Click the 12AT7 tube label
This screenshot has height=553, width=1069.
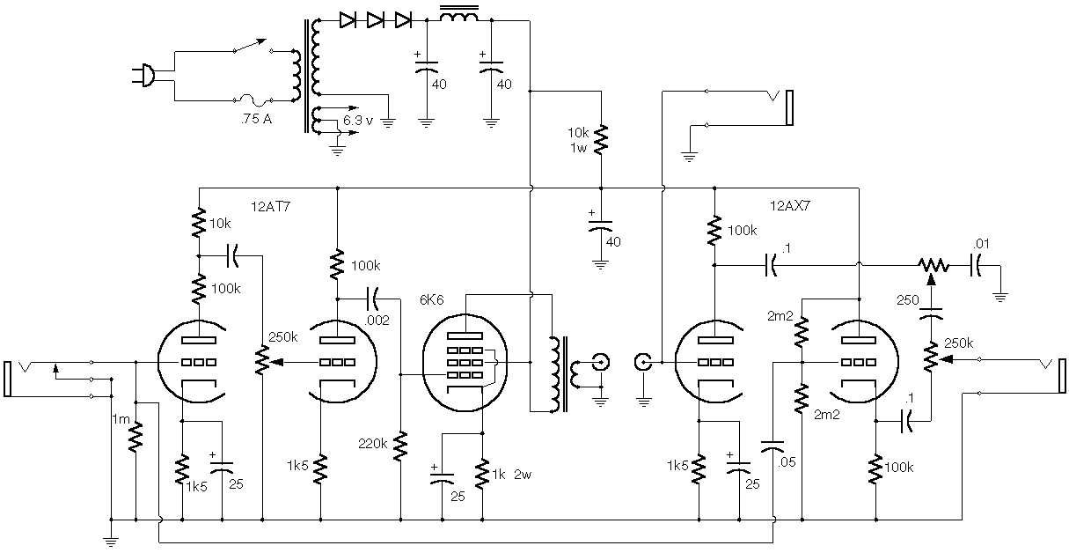click(x=270, y=207)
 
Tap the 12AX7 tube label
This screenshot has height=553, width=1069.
click(x=790, y=206)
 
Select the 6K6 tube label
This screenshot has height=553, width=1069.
click(x=431, y=300)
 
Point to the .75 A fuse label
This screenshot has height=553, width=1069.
click(x=256, y=119)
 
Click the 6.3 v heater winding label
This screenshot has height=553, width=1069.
click(x=358, y=121)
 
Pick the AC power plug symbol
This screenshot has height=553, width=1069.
click(x=143, y=76)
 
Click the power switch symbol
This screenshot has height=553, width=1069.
click(x=253, y=47)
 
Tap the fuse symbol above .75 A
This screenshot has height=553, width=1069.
click(x=253, y=100)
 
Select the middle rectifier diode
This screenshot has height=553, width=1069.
click(x=375, y=20)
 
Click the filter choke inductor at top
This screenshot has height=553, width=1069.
click(x=458, y=15)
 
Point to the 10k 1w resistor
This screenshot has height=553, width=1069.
click(x=601, y=139)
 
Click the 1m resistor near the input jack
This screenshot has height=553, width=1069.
click(x=135, y=437)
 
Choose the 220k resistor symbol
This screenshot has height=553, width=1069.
click(x=400, y=446)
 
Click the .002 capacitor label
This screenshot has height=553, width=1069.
click(x=377, y=321)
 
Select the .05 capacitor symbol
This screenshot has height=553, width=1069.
click(x=772, y=446)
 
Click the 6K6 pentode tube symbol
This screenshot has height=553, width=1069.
click(x=465, y=363)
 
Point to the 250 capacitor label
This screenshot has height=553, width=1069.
click(x=907, y=300)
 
